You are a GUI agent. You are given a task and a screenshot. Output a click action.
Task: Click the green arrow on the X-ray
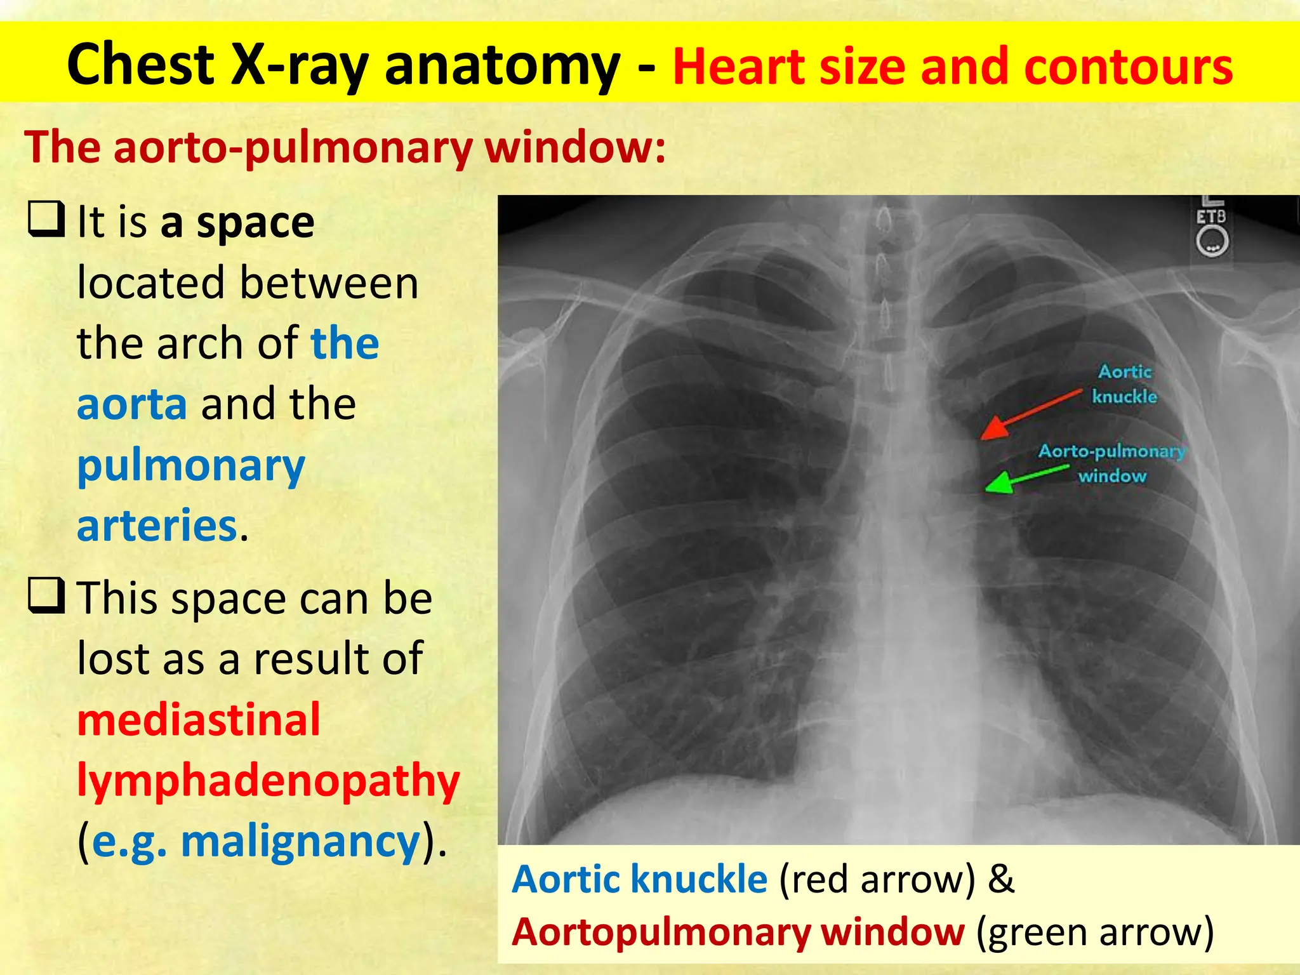pyautogui.click(x=1026, y=479)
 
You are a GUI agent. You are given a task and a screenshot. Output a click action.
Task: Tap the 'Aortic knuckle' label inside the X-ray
pyautogui.click(x=1124, y=384)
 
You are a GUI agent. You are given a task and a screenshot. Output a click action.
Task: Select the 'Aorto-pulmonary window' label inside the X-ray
pyautogui.click(x=1112, y=463)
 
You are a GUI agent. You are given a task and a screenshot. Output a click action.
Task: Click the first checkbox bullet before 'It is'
pyautogui.click(x=46, y=219)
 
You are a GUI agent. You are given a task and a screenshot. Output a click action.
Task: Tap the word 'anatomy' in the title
pyautogui.click(x=502, y=65)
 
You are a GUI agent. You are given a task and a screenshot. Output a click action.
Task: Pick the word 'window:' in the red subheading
pyautogui.click(x=575, y=147)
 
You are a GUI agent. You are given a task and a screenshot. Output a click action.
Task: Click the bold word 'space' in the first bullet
pyautogui.click(x=255, y=223)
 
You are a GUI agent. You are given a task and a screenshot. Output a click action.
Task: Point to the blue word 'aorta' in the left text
pyautogui.click(x=132, y=404)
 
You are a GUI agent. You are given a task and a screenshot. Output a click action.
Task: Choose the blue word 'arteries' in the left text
pyautogui.click(x=157, y=525)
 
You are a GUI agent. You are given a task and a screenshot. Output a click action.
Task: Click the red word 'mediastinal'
pyautogui.click(x=199, y=720)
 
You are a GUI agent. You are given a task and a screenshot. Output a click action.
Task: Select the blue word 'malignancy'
pyautogui.click(x=301, y=842)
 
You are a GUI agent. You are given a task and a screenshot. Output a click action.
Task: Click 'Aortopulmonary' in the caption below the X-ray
pyautogui.click(x=660, y=932)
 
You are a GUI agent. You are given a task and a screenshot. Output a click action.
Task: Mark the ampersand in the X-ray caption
pyautogui.click(x=1001, y=879)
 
